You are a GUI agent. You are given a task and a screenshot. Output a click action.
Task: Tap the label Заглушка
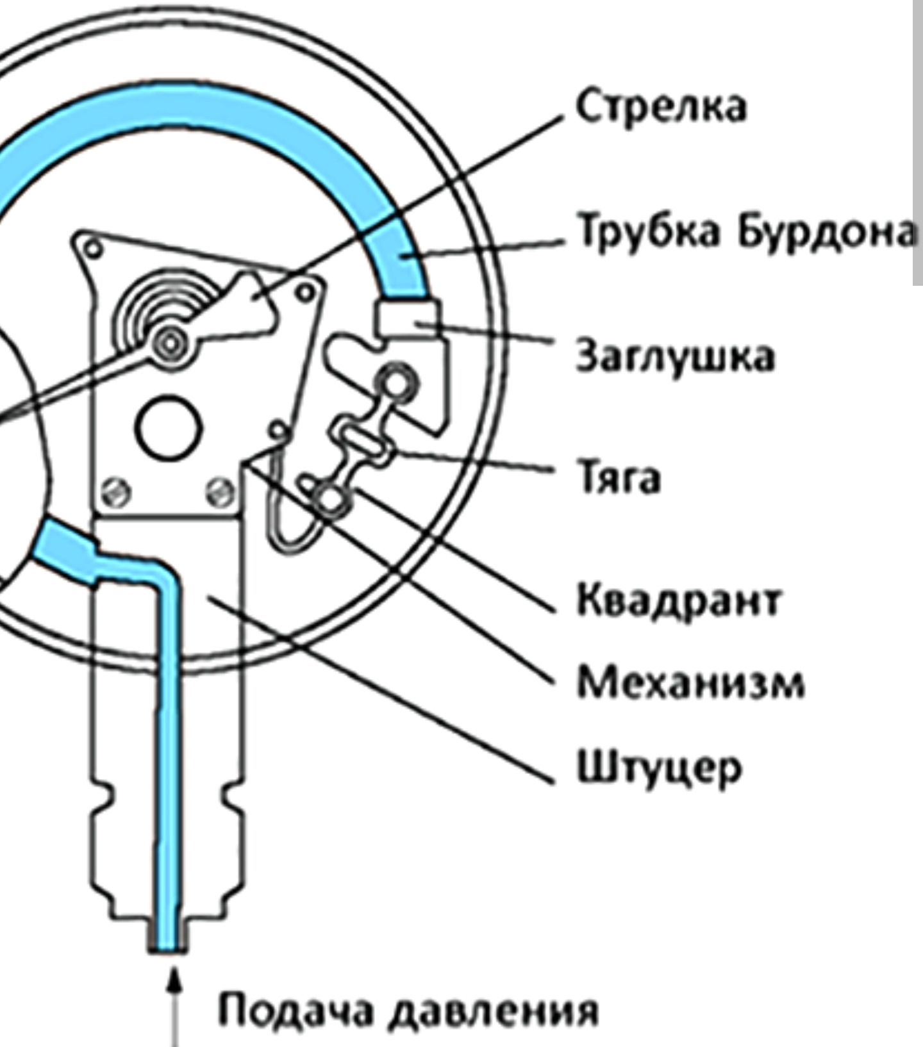pos(675,356)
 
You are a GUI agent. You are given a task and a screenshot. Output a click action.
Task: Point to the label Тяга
pos(619,478)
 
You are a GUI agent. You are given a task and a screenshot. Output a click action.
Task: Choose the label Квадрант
pos(679,600)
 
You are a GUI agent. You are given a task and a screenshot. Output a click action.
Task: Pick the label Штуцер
pos(660,767)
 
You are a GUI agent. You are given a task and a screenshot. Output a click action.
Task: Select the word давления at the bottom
pos(494,1010)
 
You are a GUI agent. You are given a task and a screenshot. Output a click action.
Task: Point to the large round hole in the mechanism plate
pos(169,427)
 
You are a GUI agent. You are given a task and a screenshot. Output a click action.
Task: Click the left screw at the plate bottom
pos(117,493)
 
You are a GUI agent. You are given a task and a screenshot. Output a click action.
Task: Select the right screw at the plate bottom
pos(220,491)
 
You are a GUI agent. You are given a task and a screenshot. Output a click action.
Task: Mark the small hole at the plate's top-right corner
pos(306,293)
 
